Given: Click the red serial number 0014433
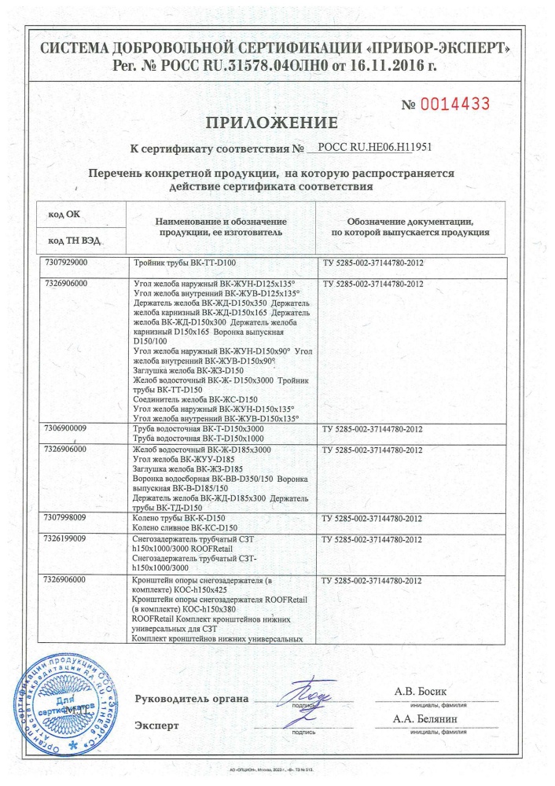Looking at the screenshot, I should point(457,103).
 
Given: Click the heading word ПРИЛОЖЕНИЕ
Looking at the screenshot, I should point(271,122).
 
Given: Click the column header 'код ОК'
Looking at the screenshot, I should point(64,213).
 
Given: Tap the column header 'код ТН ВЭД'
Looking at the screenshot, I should point(75,240).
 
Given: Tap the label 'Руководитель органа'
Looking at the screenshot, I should point(192,699).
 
